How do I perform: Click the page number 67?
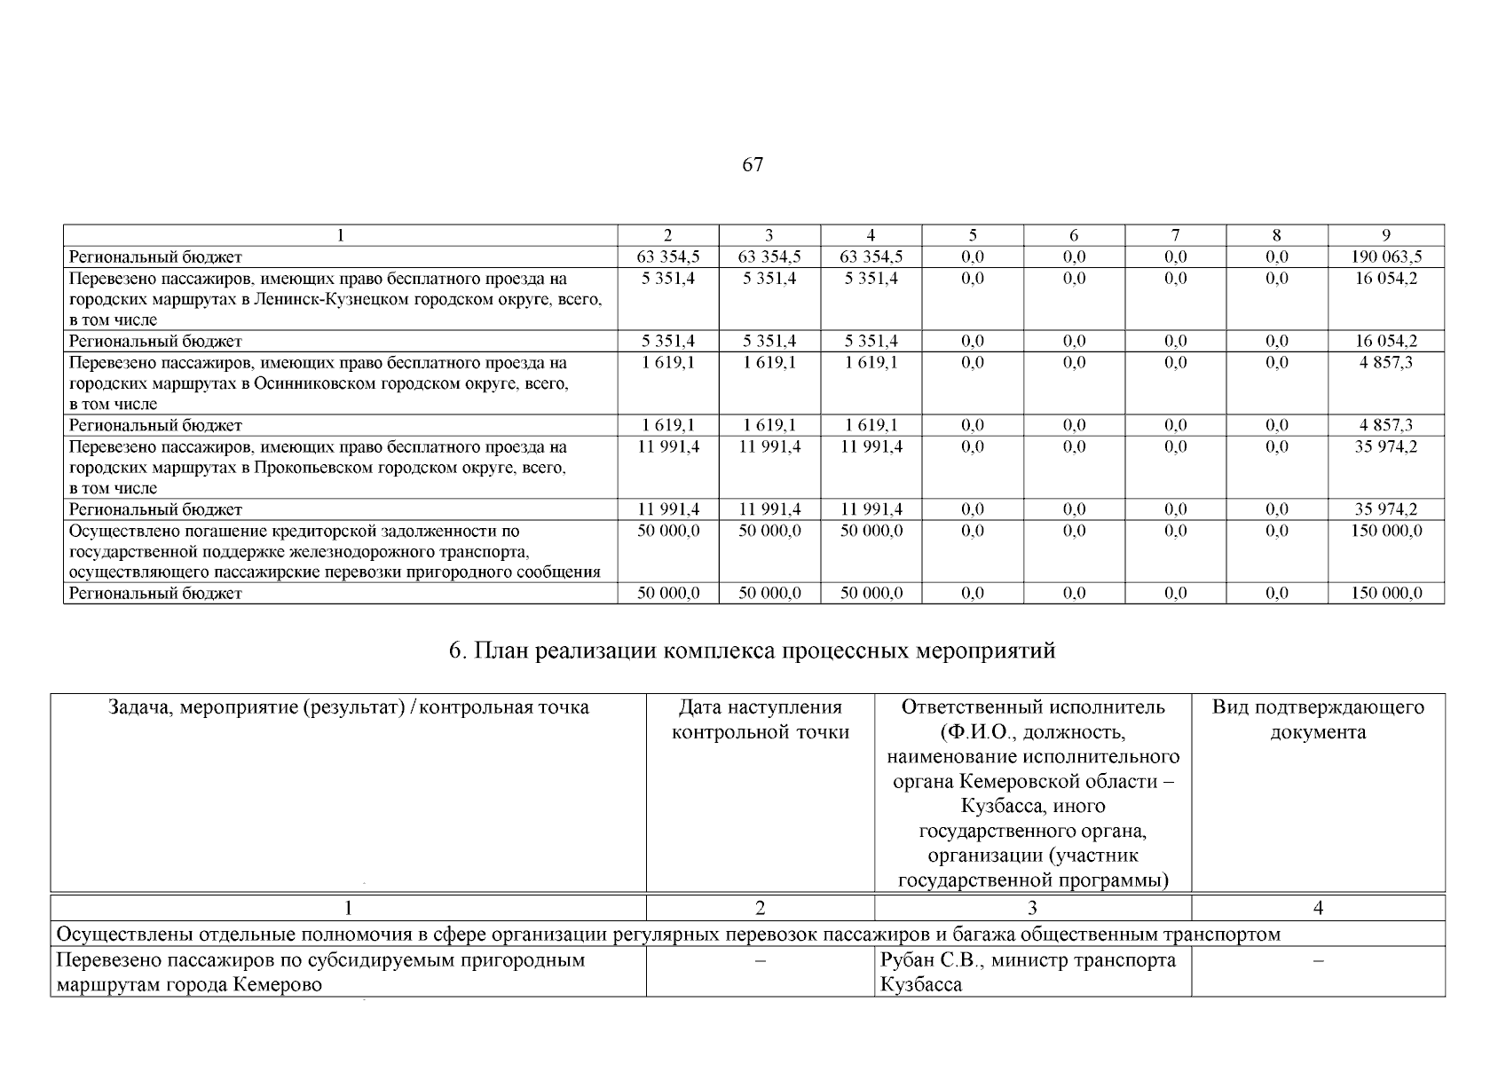[x=752, y=165]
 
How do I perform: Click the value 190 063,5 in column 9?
[x=1386, y=257]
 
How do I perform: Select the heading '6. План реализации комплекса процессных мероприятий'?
[x=752, y=651]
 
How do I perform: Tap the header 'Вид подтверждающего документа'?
[x=1318, y=720]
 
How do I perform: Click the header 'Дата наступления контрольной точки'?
[x=760, y=720]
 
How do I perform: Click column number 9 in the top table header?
[x=1386, y=235]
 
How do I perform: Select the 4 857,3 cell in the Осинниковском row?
[x=1386, y=363]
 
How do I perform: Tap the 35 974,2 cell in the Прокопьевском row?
[x=1386, y=447]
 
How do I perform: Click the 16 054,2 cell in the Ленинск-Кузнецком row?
[x=1386, y=279]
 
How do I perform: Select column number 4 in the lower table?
[x=1318, y=908]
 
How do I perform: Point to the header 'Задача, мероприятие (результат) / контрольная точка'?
[x=348, y=707]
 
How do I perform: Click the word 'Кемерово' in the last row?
[x=278, y=985]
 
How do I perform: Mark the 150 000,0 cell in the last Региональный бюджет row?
[x=1386, y=594]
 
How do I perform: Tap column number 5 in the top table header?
[x=973, y=235]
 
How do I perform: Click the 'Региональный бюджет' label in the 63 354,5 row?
[x=155, y=257]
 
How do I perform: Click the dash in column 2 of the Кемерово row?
[x=760, y=961]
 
